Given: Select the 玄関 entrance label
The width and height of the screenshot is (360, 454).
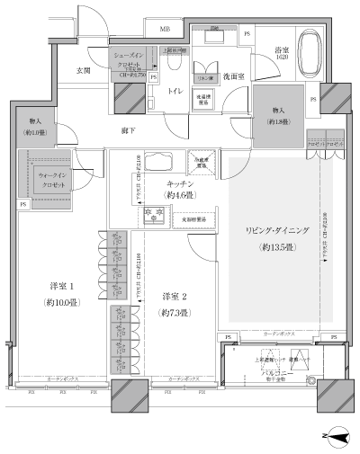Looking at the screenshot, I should pos(83,69).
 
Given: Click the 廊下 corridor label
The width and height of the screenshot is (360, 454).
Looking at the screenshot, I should pos(129,131).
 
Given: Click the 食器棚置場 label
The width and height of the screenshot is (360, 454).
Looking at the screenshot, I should pos(194,218).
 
